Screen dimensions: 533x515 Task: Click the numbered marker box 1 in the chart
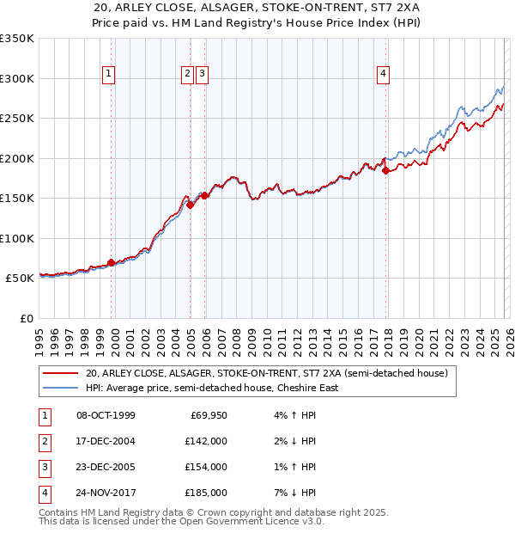110,75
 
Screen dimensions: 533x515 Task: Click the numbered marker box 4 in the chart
382,75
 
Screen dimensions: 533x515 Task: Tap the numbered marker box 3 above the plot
202,75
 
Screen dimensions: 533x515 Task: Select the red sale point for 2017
385,170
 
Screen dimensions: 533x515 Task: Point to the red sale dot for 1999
112,262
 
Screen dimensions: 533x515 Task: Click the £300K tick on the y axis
17,78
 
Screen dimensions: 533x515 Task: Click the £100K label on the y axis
17,238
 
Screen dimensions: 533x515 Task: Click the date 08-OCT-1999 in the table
106,415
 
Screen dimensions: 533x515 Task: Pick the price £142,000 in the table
207,441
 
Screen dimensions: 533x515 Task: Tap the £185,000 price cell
207,493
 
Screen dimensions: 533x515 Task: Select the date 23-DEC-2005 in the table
106,467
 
